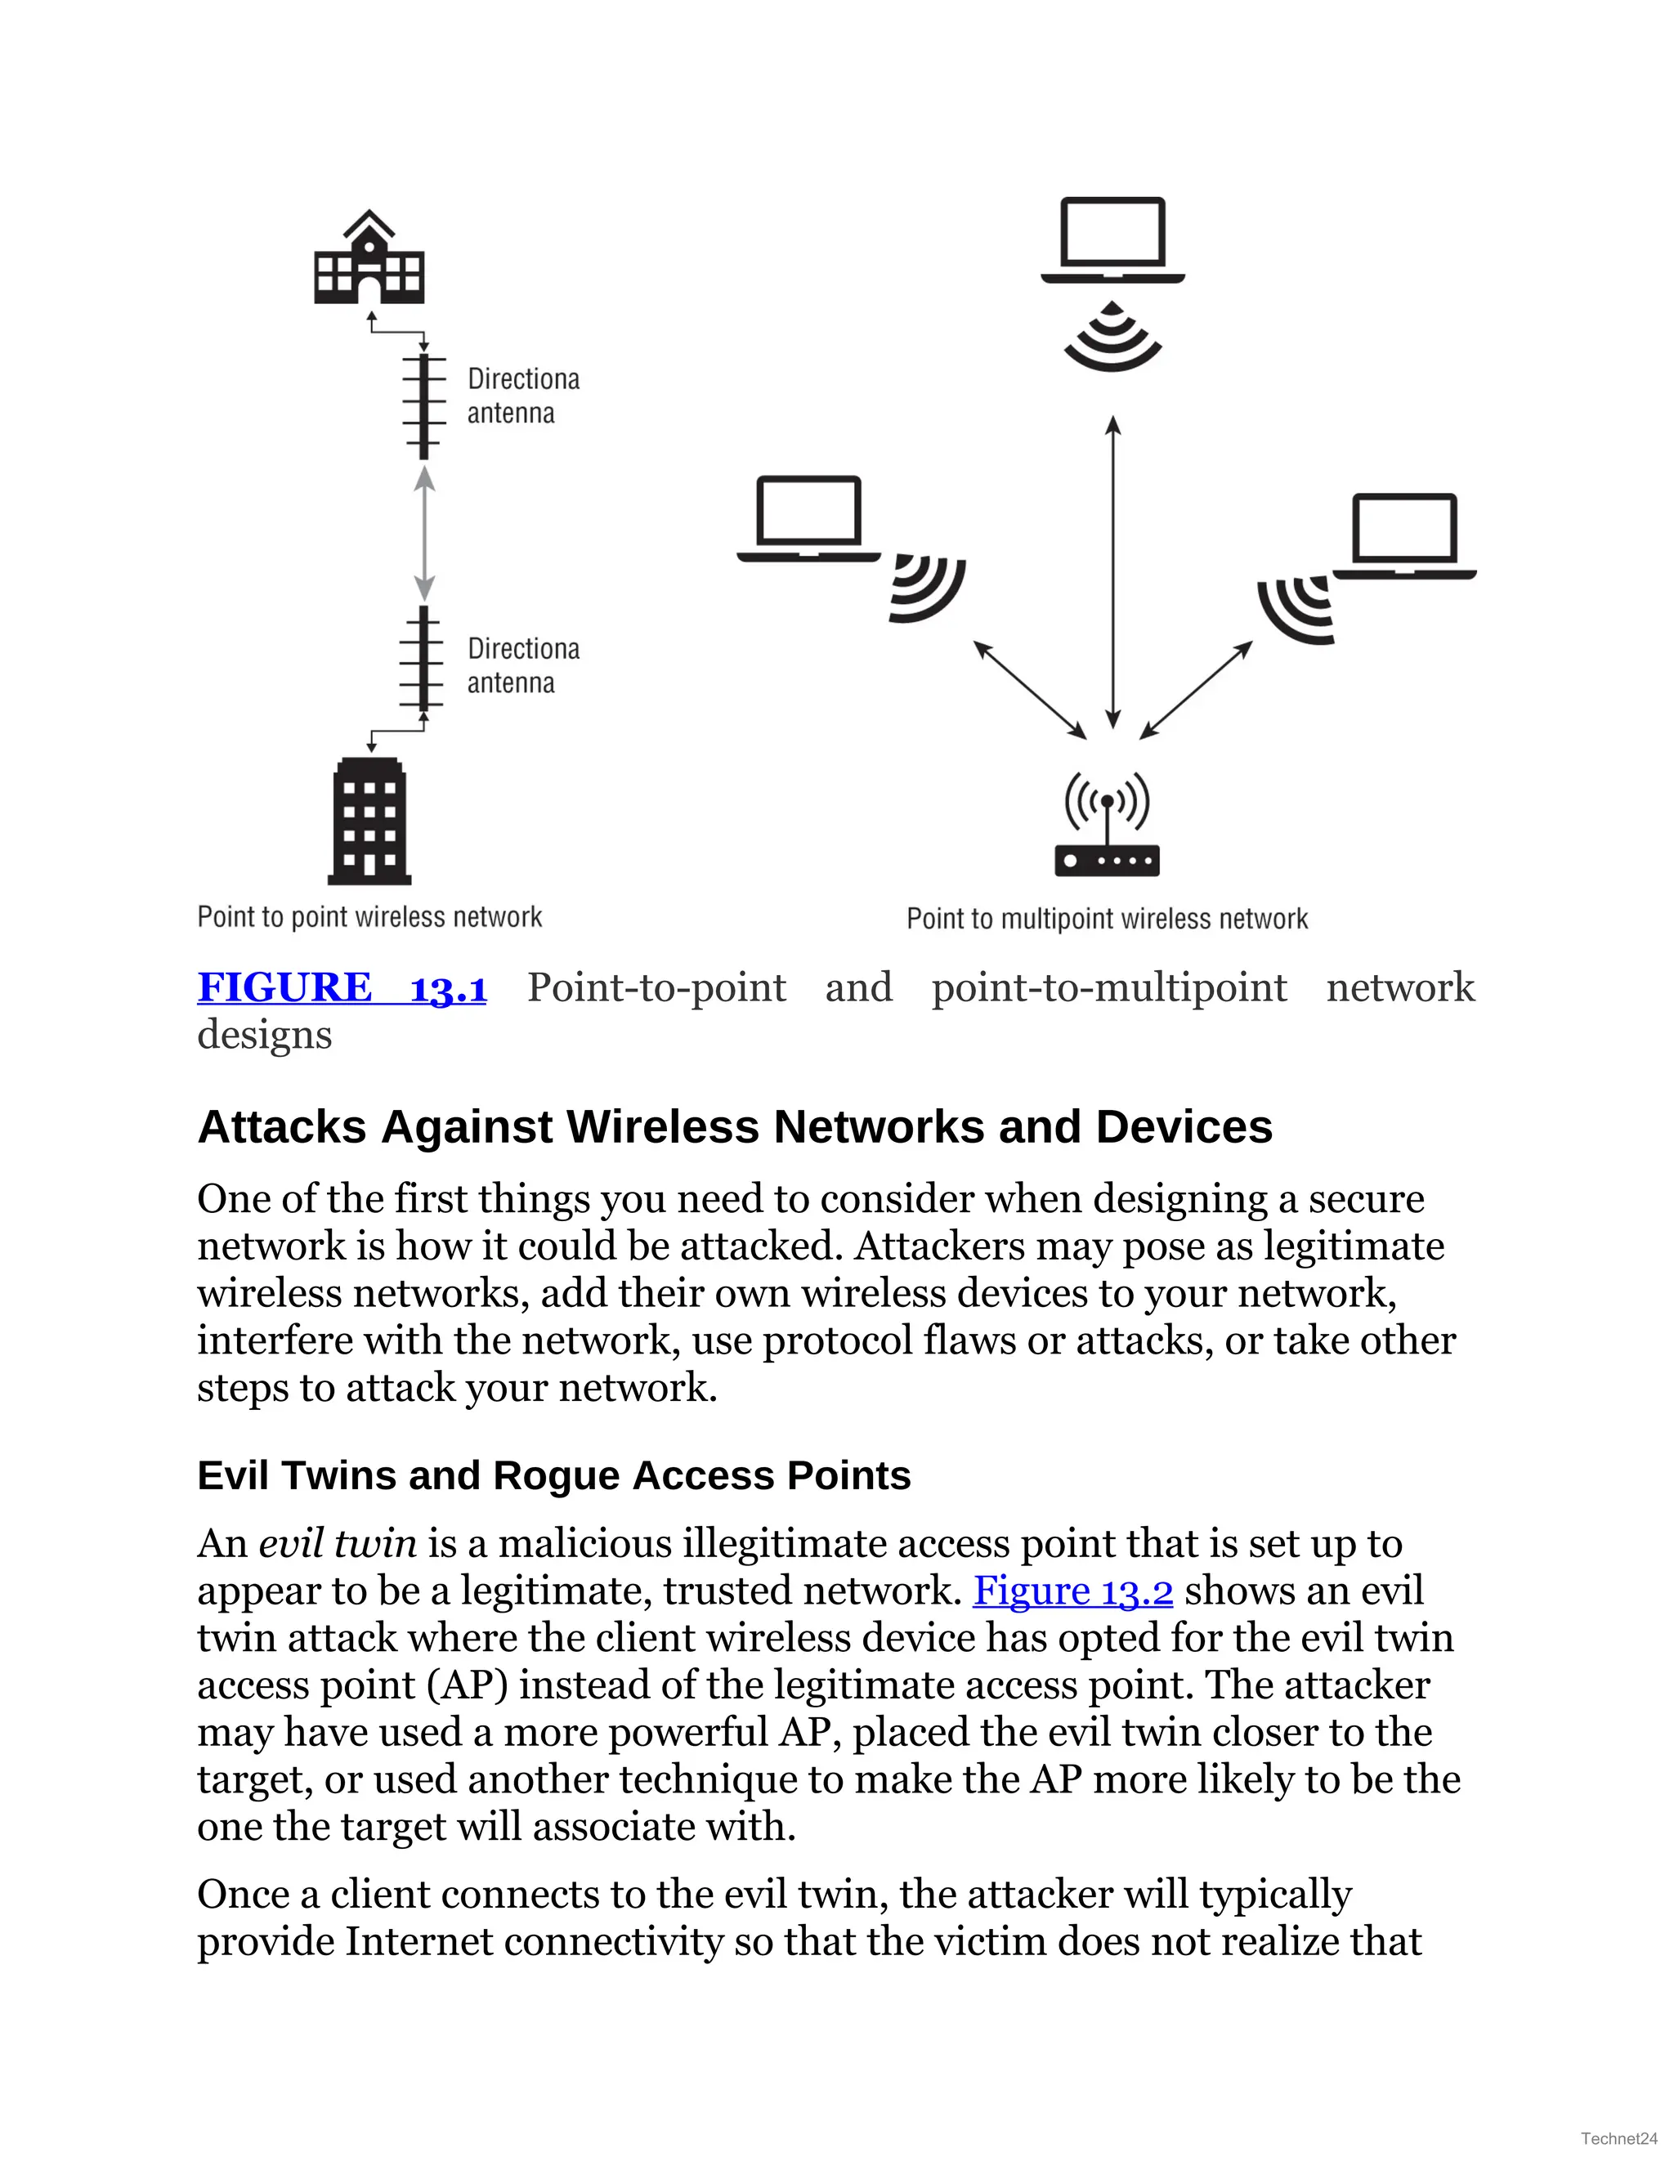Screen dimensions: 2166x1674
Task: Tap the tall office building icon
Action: pos(369,821)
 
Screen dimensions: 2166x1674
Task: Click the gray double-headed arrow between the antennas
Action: pos(424,533)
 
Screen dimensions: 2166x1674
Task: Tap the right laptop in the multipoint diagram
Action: pos(1404,535)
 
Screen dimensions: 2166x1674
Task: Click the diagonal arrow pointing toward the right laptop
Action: pos(1196,689)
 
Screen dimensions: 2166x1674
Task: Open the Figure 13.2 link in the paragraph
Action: pos(1073,1591)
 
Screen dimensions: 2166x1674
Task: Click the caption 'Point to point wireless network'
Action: pos(369,916)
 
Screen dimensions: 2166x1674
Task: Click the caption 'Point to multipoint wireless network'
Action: pos(1107,919)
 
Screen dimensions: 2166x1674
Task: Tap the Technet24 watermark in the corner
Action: pos(1618,2138)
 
